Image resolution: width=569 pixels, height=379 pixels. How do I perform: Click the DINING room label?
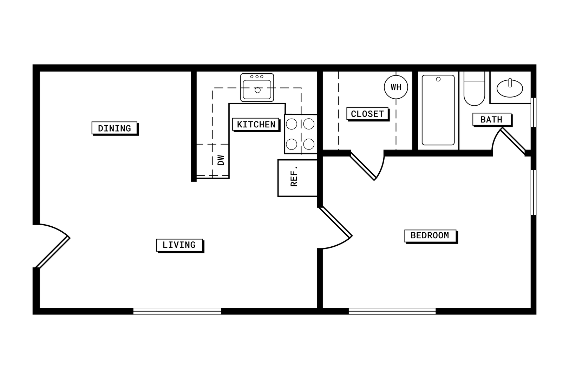115,128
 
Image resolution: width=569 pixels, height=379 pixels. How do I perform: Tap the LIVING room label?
179,245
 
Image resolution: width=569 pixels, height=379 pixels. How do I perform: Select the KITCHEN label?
256,124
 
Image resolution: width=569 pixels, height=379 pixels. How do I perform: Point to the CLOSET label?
367,114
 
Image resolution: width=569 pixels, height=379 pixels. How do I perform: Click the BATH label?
491,119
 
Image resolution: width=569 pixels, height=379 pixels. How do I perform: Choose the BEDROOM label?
430,235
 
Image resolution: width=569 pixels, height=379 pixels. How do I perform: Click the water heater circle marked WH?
396,87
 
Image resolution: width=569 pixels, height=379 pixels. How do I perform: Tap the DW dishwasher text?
221,160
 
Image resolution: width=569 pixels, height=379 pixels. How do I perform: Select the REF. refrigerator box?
297,178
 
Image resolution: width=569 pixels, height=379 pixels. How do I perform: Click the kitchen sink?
257,88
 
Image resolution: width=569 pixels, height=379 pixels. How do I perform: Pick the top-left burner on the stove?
292,124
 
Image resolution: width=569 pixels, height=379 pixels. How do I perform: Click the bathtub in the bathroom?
438,110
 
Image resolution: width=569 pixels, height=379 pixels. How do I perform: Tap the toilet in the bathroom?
474,90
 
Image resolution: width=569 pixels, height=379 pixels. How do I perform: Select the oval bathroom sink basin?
510,88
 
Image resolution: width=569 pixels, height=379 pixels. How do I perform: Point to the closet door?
363,166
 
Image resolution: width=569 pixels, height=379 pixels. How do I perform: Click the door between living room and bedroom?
335,222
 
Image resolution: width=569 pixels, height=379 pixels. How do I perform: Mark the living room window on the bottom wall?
177,311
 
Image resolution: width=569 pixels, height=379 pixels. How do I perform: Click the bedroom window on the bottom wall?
392,311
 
